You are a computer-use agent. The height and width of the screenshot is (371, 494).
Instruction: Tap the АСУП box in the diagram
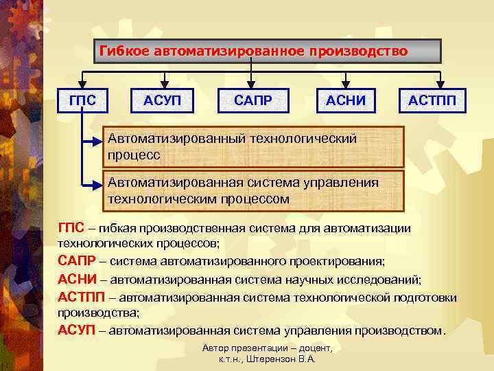[163, 102]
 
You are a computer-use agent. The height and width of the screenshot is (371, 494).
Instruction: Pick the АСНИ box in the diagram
[346, 102]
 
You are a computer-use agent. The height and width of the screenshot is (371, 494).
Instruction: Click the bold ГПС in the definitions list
[71, 229]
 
